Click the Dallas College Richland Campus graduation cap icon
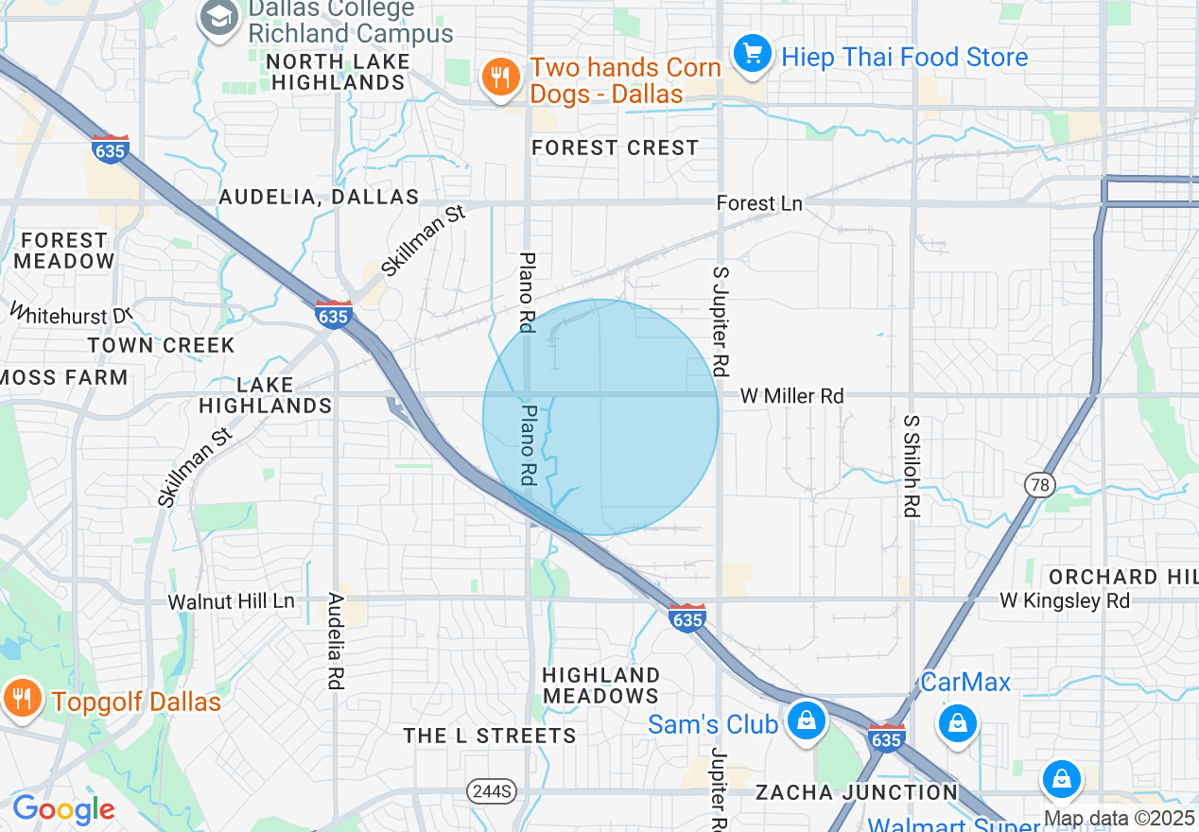pos(219,18)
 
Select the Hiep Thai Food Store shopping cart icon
pos(754,52)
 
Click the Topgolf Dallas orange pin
pos(19,699)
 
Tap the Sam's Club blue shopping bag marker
pos(806,720)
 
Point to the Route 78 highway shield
pos(1040,485)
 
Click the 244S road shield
pos(492,790)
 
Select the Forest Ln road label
pos(759,203)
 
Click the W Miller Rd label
pos(791,396)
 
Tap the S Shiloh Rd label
pos(912,465)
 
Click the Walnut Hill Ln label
pos(232,601)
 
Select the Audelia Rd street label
pos(336,640)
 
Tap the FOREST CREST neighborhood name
pos(615,147)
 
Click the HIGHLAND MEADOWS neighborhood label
pos(601,685)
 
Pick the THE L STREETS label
pos(489,736)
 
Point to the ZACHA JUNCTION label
pos(857,791)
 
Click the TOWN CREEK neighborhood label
pos(162,345)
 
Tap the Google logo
pos(63,809)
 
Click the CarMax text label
pos(965,682)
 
